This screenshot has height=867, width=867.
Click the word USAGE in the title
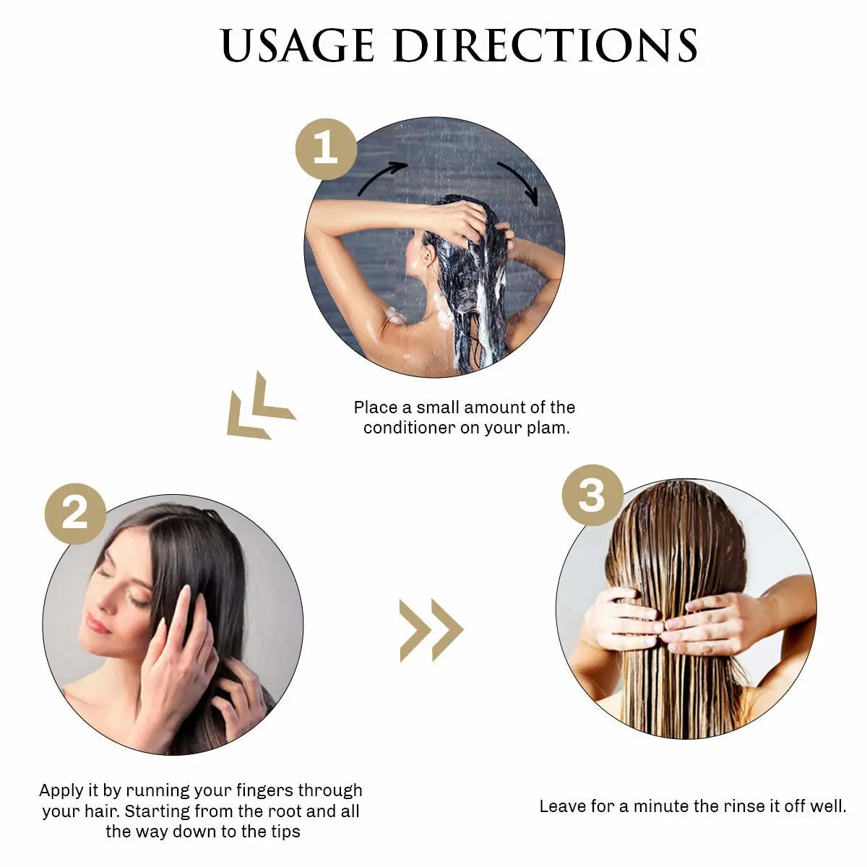coord(298,46)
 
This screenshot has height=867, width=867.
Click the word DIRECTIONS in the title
coord(545,46)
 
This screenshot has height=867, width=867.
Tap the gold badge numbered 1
coord(326,149)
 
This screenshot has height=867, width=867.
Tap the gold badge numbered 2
coord(75,514)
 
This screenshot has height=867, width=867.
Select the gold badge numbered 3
coord(592,495)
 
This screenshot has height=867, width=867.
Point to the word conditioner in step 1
coord(410,428)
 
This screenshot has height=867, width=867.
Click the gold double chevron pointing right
coord(431,630)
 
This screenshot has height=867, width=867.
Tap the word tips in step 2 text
coord(285,832)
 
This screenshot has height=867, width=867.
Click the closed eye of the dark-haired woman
coord(136,598)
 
